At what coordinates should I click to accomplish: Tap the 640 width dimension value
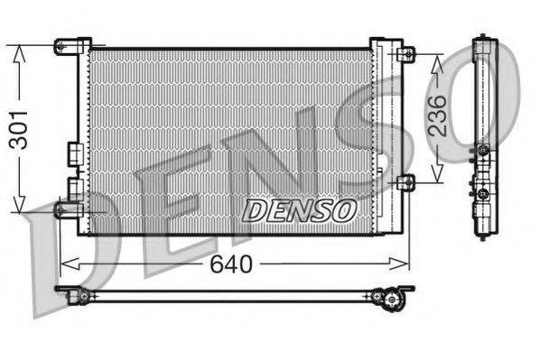point(232,263)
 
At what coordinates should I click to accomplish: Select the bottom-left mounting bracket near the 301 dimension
point(68,209)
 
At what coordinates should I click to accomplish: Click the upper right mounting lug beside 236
point(406,54)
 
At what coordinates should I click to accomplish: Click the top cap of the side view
point(485,41)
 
